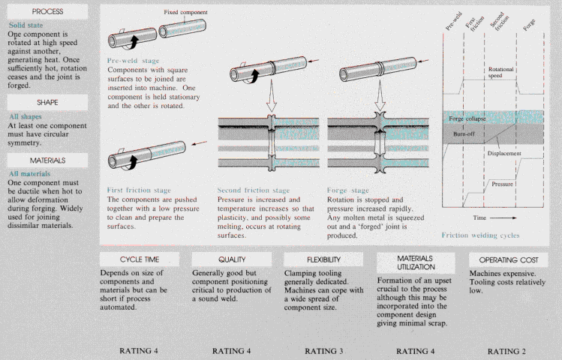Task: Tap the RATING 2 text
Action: click(506, 350)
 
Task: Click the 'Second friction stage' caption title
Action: click(254, 190)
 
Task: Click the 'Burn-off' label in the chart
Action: click(464, 133)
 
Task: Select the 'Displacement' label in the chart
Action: click(503, 152)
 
